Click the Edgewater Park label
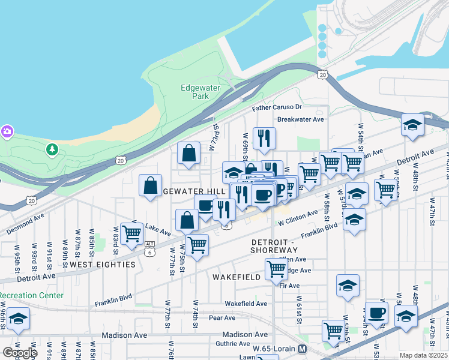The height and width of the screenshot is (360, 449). pyautogui.click(x=200, y=92)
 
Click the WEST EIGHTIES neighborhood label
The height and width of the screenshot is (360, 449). pyautogui.click(x=102, y=264)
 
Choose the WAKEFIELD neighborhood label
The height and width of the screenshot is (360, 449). pyautogui.click(x=237, y=277)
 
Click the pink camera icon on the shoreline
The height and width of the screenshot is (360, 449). pyautogui.click(x=7, y=131)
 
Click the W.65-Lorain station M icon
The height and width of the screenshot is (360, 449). pyautogui.click(x=303, y=349)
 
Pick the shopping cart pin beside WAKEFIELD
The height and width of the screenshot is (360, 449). pyautogui.click(x=276, y=269)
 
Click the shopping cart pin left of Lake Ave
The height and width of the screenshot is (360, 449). pyautogui.click(x=131, y=233)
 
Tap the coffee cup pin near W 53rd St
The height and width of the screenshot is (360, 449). pyautogui.click(x=377, y=313)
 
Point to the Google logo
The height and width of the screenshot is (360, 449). pyautogui.click(x=20, y=353)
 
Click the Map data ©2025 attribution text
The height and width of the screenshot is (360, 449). pyautogui.click(x=423, y=355)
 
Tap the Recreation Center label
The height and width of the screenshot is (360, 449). pyautogui.click(x=32, y=295)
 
